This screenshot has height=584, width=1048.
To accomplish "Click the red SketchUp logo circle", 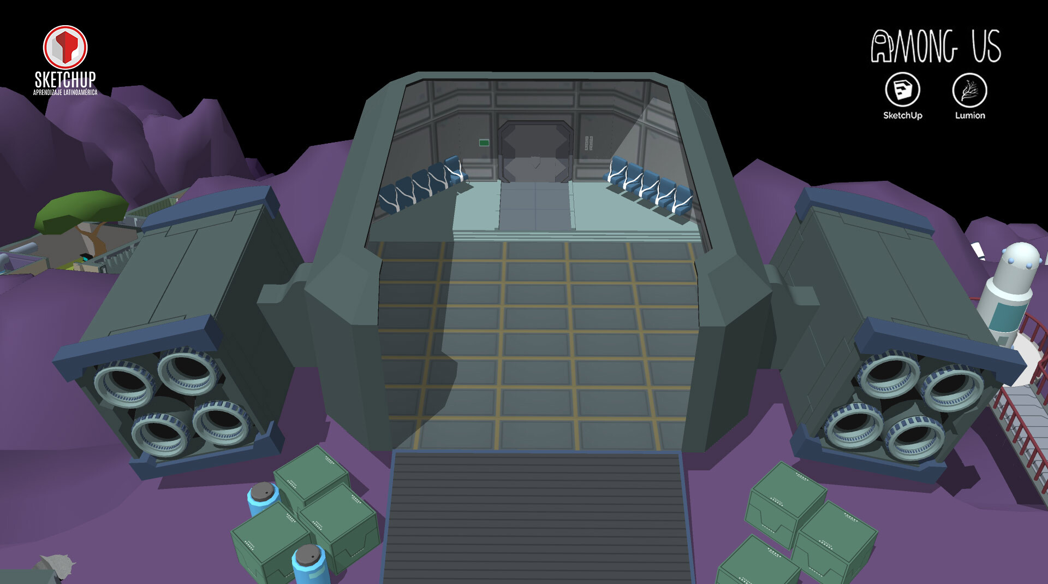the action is (x=65, y=47).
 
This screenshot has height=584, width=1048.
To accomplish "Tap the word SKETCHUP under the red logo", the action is (x=65, y=80).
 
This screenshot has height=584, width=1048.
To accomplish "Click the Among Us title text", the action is (x=936, y=46).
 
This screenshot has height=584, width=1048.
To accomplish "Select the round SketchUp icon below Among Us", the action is (x=902, y=90).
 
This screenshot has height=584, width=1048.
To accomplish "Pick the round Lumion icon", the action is (x=969, y=90).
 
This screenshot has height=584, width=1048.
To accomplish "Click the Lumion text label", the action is (x=970, y=115).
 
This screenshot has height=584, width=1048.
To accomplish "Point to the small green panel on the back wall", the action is (x=484, y=143).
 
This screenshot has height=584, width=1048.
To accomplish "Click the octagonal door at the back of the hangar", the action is (x=535, y=151).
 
